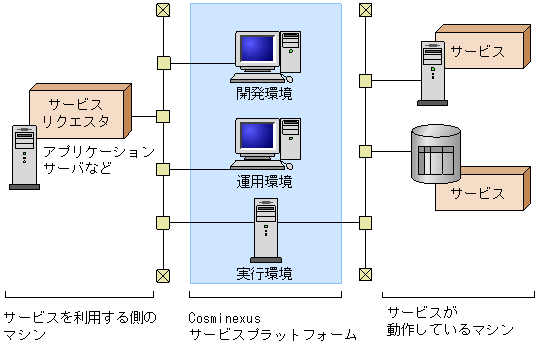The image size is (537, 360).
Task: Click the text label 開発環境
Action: [x=265, y=94]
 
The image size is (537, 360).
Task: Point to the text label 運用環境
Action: [x=265, y=182]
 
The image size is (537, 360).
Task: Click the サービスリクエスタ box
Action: [x=75, y=112]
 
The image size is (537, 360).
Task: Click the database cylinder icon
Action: [x=436, y=154]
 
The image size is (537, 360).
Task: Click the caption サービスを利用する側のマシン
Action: [x=80, y=326]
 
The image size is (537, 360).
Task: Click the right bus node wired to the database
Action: [x=366, y=151]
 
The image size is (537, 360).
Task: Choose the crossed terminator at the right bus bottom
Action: [x=366, y=274]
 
